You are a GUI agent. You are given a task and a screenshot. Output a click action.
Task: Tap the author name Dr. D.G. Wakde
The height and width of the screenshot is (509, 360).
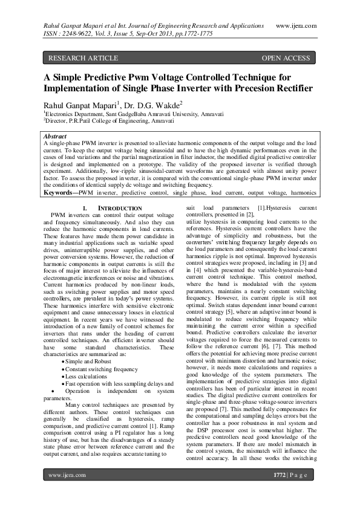pyautogui.click(x=145, y=104)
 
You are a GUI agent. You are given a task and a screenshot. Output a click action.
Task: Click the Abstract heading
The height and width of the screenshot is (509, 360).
pyautogui.click(x=56, y=137)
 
